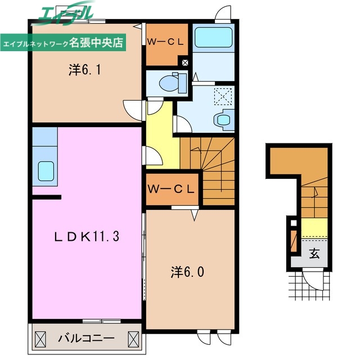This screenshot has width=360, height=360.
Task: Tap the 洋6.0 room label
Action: (188, 272)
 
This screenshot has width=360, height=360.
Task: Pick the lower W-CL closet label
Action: (172, 189)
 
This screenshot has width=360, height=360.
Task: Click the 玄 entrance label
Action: (314, 253)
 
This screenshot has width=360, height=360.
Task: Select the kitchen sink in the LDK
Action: (45, 169)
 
